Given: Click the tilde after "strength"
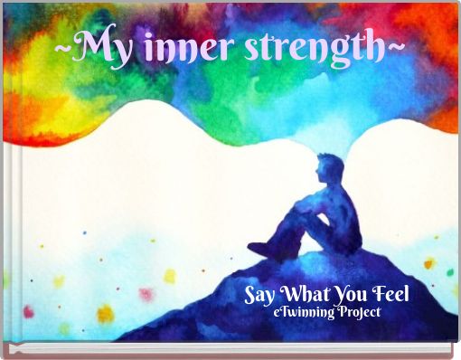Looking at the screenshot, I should [397, 43].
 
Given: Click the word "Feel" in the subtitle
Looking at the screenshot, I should [392, 295].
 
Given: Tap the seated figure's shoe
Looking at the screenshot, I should [259, 248].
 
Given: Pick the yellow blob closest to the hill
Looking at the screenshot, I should [169, 276].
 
